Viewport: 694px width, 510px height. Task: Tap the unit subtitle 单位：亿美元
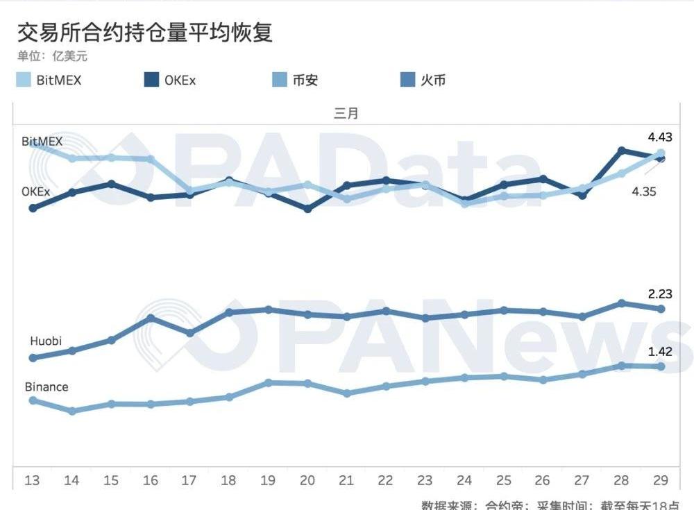coord(52,57)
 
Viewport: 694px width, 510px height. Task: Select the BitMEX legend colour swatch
coord(24,80)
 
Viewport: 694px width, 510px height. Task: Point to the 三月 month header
coord(346,114)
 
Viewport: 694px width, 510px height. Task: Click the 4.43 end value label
coord(659,137)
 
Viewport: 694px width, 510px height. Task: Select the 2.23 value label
coord(659,294)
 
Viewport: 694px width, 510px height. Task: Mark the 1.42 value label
coord(659,351)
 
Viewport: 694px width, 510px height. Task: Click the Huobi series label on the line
coord(46,341)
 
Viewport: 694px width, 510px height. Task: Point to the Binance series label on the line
coord(46,386)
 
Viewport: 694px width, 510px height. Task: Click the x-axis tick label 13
coord(32,480)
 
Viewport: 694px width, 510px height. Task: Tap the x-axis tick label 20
coord(307,480)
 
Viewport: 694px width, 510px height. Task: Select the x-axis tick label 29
coord(661,480)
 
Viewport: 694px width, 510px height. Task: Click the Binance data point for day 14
coord(72,411)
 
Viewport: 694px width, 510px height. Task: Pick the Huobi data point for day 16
coord(151,318)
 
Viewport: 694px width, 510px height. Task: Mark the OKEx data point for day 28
coord(622,150)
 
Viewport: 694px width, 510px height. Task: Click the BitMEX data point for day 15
coord(111,158)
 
